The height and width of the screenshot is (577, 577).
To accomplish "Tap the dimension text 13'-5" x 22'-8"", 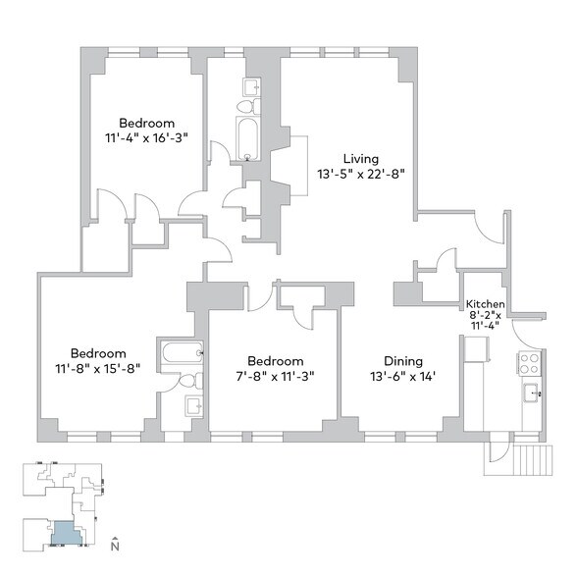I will click(360, 174).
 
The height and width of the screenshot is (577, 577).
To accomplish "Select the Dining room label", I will click(402, 360).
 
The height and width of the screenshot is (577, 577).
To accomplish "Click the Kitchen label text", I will click(485, 303).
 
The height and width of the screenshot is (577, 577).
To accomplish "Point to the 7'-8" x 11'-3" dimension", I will click(275, 376).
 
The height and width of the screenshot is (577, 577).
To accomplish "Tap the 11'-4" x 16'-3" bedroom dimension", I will click(146, 138).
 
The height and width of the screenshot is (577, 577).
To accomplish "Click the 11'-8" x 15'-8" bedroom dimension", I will click(98, 369).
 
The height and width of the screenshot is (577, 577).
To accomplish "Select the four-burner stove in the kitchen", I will click(529, 363).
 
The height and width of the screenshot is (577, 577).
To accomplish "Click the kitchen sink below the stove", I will click(531, 394).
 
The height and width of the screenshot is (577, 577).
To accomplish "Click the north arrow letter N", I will click(116, 545).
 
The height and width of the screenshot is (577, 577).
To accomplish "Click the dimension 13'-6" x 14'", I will click(402, 376).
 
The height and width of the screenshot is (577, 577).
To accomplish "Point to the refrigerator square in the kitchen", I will click(476, 348).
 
